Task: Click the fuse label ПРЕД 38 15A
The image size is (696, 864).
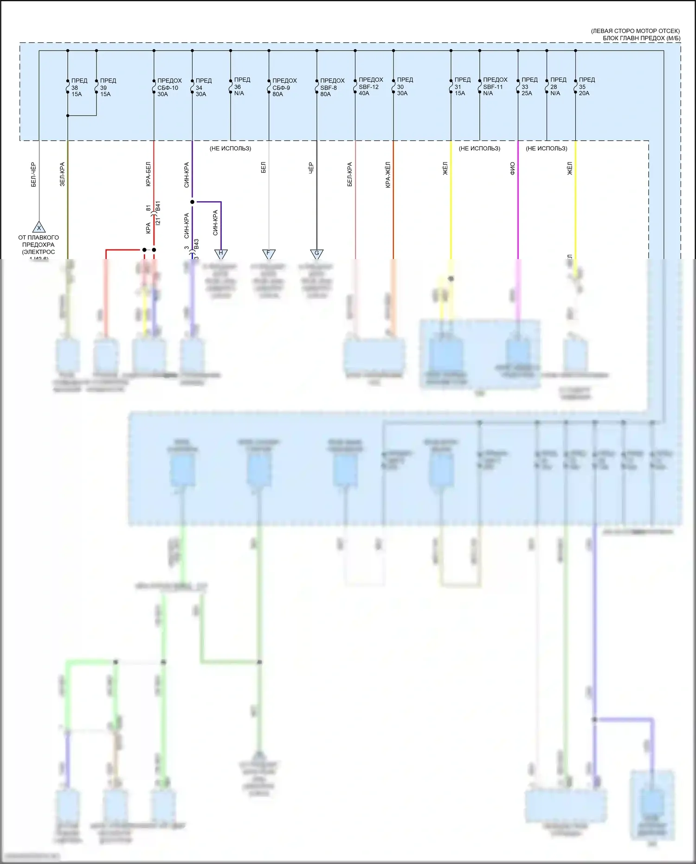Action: point(79,87)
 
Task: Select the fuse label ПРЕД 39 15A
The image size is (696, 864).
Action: point(108,87)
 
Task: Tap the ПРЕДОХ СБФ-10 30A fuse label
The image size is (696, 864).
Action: point(169,87)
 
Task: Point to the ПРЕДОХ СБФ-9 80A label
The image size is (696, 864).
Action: point(284,87)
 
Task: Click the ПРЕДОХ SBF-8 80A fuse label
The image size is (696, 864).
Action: point(332,87)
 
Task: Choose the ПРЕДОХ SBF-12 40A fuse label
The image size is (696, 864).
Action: point(370,86)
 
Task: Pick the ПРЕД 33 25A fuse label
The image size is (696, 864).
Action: point(529,86)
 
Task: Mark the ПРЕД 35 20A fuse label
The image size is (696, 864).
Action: point(586,86)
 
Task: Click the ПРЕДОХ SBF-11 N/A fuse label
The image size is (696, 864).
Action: point(495,86)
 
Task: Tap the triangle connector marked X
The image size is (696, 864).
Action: point(39,227)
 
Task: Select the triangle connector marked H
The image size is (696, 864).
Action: point(221,254)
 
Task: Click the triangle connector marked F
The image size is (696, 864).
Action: point(269,254)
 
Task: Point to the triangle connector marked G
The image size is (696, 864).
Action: point(317,254)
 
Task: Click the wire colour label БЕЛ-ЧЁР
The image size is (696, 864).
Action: point(33,175)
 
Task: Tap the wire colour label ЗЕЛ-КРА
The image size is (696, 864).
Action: point(62,174)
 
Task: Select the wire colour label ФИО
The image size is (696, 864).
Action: point(512,168)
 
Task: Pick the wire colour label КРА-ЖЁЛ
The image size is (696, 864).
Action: point(388,175)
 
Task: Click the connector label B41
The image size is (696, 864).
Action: point(158,207)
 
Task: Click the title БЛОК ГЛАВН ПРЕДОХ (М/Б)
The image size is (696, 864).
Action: point(641,38)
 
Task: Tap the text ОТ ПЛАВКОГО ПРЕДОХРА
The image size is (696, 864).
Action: point(39,241)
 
